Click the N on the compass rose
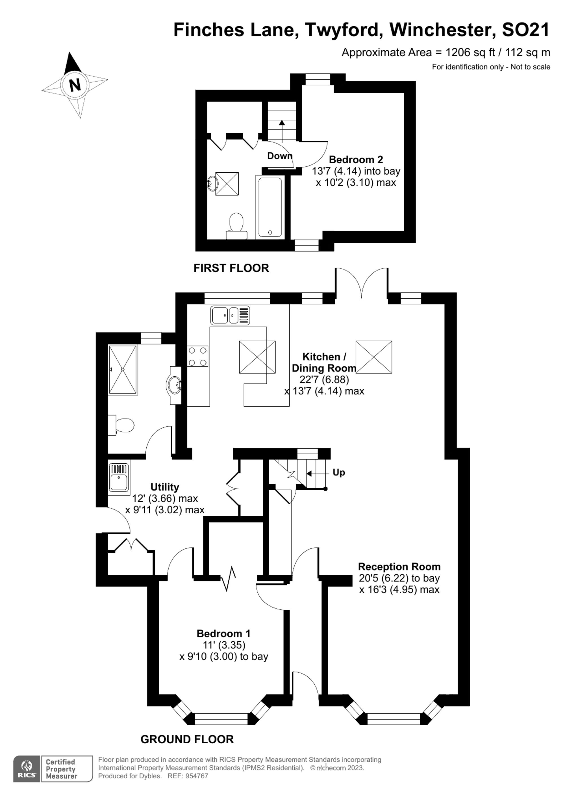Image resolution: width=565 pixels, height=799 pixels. pyautogui.click(x=75, y=84)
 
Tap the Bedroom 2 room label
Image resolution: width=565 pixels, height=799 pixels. pyautogui.click(x=356, y=160)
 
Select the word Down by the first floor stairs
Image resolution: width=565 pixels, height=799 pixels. pyautogui.click(x=279, y=156)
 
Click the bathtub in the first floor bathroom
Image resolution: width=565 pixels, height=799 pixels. pyautogui.click(x=270, y=207)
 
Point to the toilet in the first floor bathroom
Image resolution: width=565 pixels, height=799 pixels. pyautogui.click(x=236, y=224)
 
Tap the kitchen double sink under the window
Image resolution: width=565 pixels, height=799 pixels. pyautogui.click(x=230, y=315)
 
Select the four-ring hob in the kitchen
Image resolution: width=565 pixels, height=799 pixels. pyautogui.click(x=198, y=356)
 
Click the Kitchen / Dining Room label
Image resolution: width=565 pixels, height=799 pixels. pyautogui.click(x=324, y=362)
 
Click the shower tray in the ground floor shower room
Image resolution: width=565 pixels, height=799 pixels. pyautogui.click(x=123, y=370)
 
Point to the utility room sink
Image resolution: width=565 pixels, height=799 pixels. pyautogui.click(x=119, y=479)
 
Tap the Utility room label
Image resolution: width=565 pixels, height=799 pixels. pyautogui.click(x=165, y=487)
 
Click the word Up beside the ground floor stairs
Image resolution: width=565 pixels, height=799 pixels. pyautogui.click(x=338, y=472)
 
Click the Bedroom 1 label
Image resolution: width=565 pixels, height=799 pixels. pyautogui.click(x=223, y=633)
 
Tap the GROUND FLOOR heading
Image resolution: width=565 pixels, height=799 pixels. pyautogui.click(x=187, y=739)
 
